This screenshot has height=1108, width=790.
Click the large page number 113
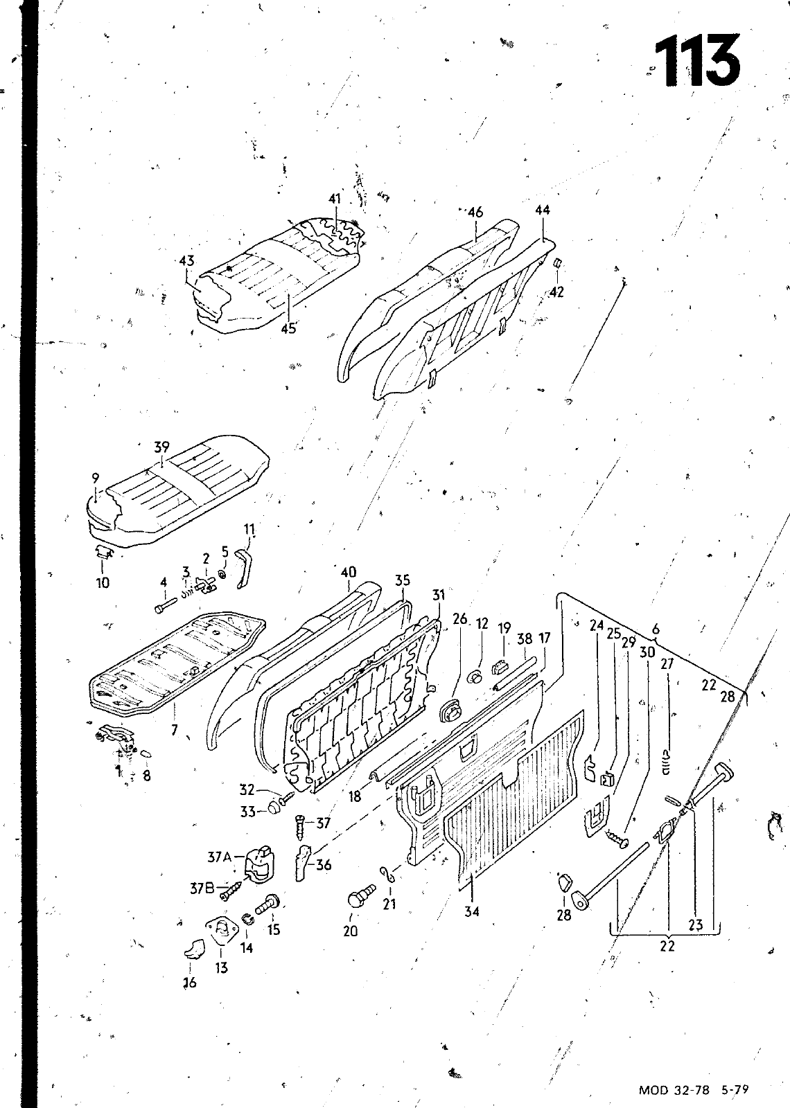point(696,62)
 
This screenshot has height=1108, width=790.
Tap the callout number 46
point(475,213)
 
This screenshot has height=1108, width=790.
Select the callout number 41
point(335,199)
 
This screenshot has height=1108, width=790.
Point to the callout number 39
point(161,447)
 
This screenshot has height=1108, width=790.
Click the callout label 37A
point(220,857)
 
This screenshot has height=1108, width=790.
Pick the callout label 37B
point(203,888)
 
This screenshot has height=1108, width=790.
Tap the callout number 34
point(472,911)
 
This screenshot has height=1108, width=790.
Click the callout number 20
point(351,931)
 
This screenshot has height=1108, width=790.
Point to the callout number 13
point(221,967)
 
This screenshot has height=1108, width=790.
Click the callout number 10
point(103,582)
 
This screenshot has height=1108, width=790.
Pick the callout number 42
point(556,292)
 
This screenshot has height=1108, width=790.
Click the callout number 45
point(288,328)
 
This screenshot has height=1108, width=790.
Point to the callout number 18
point(355,796)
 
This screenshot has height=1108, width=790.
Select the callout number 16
point(190,982)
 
